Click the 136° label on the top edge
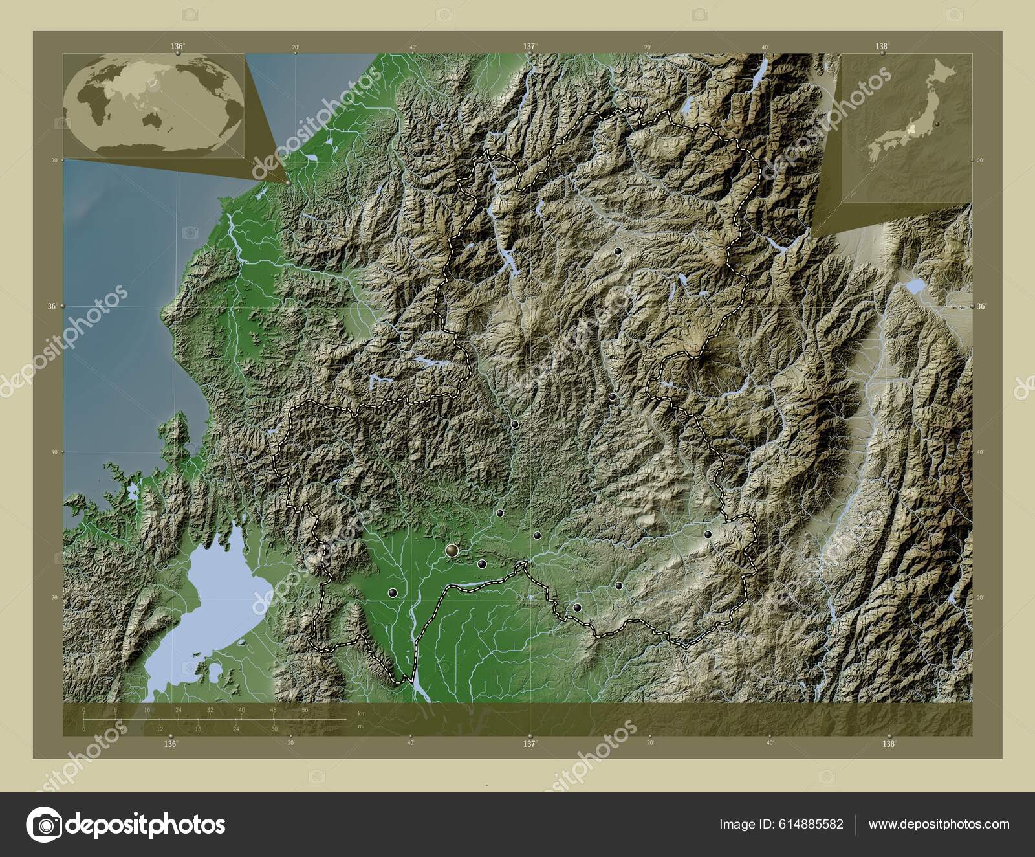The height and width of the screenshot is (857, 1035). coord(177,46)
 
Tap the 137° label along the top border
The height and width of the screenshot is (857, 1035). coord(530,46)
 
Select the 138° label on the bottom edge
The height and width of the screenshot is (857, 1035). coord(890,744)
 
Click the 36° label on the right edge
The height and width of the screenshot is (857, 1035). coord(982,306)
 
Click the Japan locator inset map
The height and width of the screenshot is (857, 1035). coord(906,128)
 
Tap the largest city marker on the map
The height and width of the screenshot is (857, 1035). coord(452,550)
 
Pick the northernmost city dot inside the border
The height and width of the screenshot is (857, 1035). coord(618,250)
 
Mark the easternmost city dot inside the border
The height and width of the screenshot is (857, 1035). coord(708,535)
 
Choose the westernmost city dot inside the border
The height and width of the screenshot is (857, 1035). coord(392,592)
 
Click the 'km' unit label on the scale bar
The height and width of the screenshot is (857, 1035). coord(362,713)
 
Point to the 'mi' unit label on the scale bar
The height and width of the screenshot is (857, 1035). coord(361,726)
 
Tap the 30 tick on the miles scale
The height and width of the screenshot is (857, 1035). coord(274,729)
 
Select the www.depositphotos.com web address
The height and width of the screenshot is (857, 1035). coord(939,824)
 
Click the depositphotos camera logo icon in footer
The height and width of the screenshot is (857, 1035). coord(43,825)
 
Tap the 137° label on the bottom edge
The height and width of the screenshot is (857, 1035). coord(530,744)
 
